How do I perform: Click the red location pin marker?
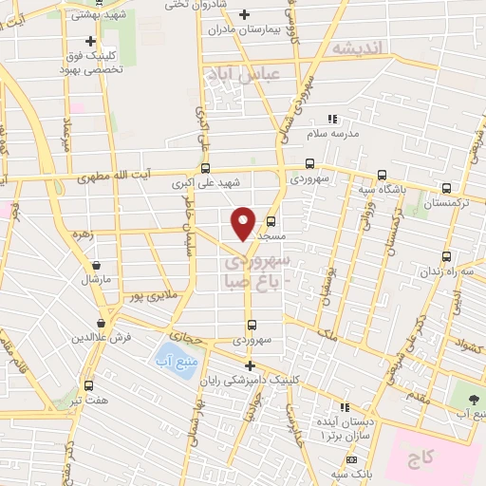(244, 222)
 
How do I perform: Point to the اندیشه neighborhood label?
(356, 48)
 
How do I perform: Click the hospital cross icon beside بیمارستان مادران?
(245, 14)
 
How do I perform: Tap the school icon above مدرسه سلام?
(331, 120)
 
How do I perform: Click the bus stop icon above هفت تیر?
(88, 385)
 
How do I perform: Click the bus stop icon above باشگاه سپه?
(382, 174)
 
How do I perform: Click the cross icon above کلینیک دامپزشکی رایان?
(250, 365)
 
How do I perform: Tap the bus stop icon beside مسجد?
(270, 223)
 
